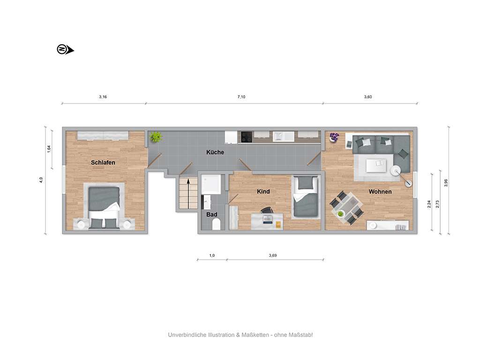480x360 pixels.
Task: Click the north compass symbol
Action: tap(65, 49)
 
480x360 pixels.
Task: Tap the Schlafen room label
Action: tap(103, 163)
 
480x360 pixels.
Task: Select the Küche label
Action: tap(215, 152)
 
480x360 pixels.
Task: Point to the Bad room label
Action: tap(211, 215)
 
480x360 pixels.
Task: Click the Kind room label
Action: tap(263, 192)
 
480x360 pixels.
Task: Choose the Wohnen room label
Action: tap(380, 192)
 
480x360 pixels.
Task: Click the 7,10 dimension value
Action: tap(241, 97)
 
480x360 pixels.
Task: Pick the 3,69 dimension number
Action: tap(273, 255)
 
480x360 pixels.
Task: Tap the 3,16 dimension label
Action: tap(103, 97)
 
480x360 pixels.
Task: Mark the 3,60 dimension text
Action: tap(368, 97)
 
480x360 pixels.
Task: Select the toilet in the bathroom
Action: tap(216, 224)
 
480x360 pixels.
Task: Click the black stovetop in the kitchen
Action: tap(247, 137)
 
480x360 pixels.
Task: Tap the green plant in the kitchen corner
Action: tap(156, 137)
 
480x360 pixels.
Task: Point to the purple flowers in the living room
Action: tap(334, 136)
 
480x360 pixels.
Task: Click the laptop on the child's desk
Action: tap(267, 219)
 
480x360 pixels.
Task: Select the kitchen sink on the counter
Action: tap(284, 136)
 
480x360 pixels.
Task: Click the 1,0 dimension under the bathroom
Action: tap(212, 255)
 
